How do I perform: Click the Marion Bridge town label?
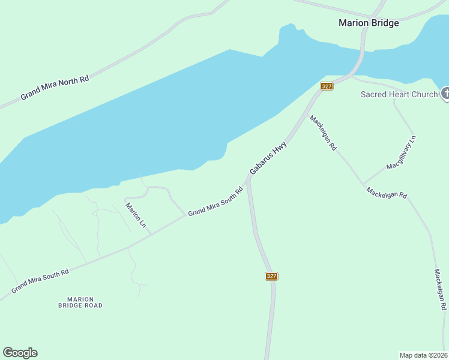click(369, 23)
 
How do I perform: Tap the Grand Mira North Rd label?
click(55, 88)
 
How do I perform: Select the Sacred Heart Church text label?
click(399, 94)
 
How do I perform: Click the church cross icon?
click(445, 94)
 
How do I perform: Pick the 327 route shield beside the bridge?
click(326, 86)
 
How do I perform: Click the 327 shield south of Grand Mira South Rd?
click(271, 276)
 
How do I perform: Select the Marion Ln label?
click(136, 215)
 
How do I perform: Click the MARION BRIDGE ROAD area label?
click(80, 302)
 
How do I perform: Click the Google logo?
click(20, 353)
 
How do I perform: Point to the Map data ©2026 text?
click(423, 355)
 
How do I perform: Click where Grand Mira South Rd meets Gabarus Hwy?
click(248, 178)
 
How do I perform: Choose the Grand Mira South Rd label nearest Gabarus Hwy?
click(215, 201)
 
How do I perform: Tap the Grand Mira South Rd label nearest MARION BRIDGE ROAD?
click(40, 280)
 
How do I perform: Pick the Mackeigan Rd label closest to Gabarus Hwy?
click(323, 133)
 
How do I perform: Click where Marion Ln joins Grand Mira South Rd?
click(150, 233)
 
